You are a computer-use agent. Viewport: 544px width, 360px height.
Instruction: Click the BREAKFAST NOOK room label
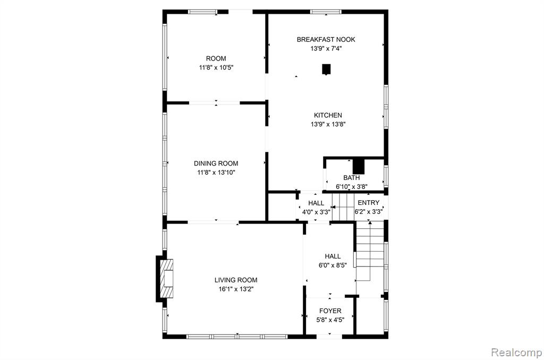coord(326,39)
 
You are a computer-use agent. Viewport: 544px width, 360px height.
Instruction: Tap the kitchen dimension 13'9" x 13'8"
coord(328,124)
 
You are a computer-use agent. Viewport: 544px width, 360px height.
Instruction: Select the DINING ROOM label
coord(216,164)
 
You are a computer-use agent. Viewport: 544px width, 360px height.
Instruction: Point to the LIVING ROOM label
coord(236,280)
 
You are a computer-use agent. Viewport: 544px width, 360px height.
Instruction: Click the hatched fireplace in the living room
coord(166,279)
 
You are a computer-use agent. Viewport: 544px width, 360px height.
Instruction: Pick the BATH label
coord(352,177)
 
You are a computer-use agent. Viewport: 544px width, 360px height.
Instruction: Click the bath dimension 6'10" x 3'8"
coord(352,186)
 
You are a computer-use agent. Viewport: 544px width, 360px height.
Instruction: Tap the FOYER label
coord(330,311)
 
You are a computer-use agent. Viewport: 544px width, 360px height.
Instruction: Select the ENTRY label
coord(369,202)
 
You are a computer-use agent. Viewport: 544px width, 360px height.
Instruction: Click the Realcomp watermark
coord(516,353)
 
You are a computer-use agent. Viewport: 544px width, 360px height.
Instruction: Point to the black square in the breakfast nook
coord(326,70)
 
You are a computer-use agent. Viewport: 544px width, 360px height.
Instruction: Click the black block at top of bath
coord(359,166)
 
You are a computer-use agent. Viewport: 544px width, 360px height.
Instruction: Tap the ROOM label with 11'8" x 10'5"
coord(216,58)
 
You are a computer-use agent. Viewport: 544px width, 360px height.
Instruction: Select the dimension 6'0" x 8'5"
coord(333,265)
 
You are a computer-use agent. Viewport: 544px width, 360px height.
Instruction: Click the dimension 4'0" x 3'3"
coord(316,212)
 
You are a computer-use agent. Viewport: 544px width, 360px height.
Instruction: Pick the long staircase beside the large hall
coord(370,251)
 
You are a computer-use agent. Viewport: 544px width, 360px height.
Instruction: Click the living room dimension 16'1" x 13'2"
coord(236,289)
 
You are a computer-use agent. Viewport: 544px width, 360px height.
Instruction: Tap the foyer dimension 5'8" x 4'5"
coord(330,320)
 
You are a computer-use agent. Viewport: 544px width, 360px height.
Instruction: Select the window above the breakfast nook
coord(326,12)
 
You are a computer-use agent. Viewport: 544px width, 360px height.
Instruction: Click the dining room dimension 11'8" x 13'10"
coord(216,173)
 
